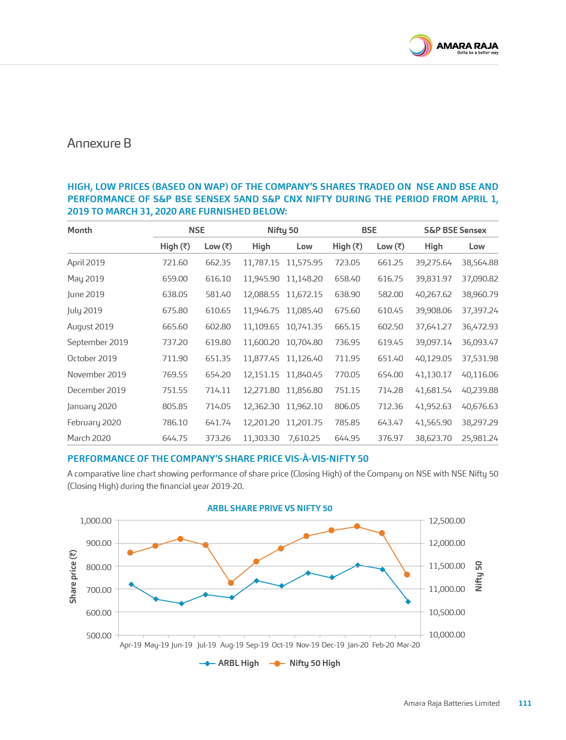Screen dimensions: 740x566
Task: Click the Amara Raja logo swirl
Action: (420, 46)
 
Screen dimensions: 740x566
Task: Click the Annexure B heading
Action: (99, 143)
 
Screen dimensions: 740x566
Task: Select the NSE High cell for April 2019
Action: (175, 262)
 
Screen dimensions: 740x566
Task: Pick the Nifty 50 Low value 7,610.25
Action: (304, 438)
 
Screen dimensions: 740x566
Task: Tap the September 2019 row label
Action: (97, 342)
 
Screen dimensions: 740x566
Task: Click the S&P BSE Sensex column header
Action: (455, 230)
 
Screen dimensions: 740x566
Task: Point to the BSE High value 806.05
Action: (347, 406)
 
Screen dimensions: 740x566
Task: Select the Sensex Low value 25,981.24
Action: (480, 438)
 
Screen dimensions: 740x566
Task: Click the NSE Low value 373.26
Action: (218, 438)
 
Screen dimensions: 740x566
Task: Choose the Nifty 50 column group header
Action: (283, 230)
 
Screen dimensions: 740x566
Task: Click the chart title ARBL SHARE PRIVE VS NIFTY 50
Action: (269, 508)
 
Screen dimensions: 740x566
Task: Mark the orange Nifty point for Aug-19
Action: (231, 582)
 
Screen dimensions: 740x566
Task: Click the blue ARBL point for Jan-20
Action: (357, 565)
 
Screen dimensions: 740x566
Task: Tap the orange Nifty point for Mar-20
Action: (407, 575)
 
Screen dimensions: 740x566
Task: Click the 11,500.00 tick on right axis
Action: (447, 566)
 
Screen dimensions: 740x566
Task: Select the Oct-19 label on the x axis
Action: (282, 645)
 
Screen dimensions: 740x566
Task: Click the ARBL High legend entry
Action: (229, 663)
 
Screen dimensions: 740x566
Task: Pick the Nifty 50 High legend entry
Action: (305, 663)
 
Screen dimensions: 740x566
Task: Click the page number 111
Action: (525, 703)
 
